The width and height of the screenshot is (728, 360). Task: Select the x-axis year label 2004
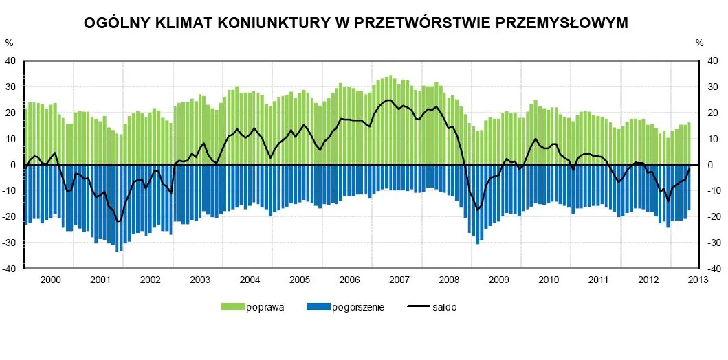[250, 280]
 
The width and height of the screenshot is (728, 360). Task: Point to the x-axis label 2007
[399, 280]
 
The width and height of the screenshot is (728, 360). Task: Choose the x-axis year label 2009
[498, 280]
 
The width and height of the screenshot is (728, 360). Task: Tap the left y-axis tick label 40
[10, 60]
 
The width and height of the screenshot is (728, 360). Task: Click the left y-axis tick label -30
[9, 243]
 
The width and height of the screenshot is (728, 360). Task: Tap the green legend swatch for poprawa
[232, 306]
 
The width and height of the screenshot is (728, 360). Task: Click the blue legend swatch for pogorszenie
[318, 306]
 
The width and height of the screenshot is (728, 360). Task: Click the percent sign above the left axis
[9, 43]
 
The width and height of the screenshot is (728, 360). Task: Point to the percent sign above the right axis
[699, 43]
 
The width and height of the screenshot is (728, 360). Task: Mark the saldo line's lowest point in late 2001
[119, 221]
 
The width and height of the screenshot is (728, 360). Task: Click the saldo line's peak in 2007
[389, 100]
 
